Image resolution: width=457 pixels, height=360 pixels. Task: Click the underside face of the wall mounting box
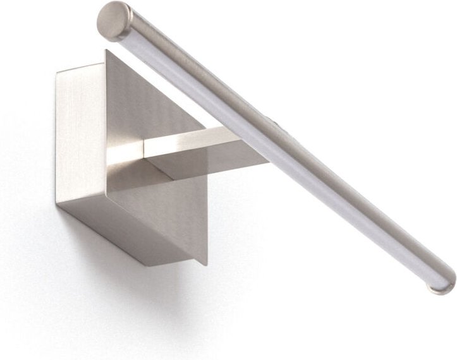point(120,227)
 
